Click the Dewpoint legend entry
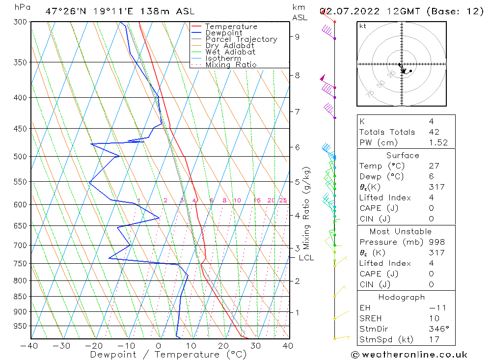(x=223, y=33)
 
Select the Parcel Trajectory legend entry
(x=241, y=39)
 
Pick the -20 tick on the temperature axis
(x=94, y=346)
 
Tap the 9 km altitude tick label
(x=298, y=36)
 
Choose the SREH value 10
(x=434, y=318)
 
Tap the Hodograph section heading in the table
(x=402, y=297)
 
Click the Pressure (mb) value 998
(x=436, y=242)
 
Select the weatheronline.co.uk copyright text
(x=409, y=355)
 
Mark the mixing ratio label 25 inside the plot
(x=283, y=200)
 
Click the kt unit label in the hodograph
(x=362, y=26)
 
